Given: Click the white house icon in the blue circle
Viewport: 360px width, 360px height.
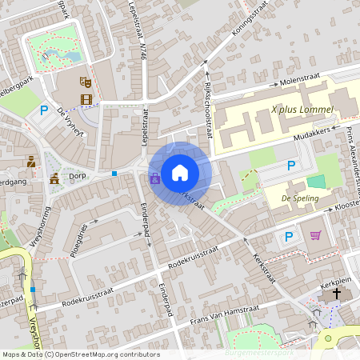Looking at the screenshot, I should click(x=180, y=172).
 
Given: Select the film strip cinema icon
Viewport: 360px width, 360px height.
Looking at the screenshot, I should click(x=86, y=99).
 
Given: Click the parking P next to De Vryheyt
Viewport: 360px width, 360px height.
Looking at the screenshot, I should click(x=44, y=110).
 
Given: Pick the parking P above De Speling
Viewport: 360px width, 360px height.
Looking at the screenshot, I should click(x=291, y=166).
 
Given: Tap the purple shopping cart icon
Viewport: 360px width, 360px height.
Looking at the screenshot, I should click(x=315, y=235).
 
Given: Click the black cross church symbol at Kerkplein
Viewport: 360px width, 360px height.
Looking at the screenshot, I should click(x=337, y=294).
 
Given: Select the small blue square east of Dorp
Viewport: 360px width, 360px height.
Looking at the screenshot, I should click(x=114, y=173).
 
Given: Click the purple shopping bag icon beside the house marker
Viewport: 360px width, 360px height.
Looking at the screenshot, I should click(x=154, y=178).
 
